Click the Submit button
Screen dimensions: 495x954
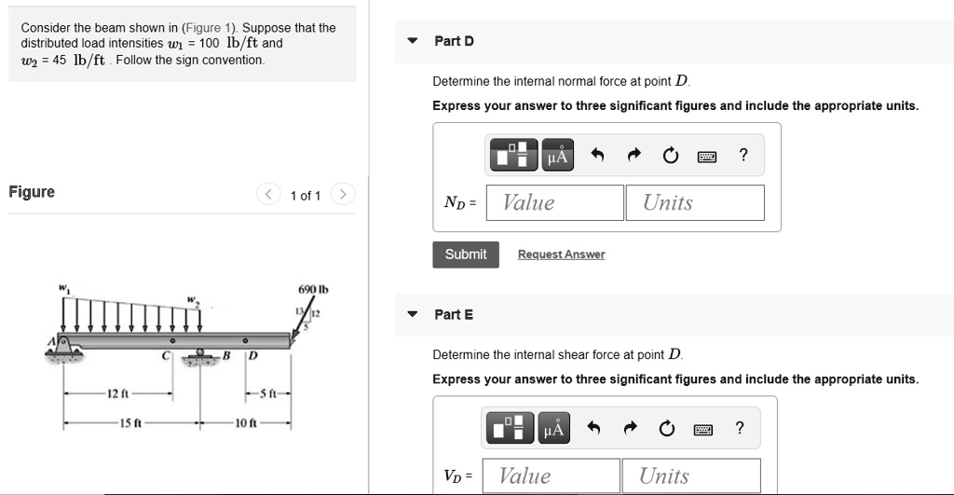pos(466,254)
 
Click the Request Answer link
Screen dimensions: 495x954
pos(561,254)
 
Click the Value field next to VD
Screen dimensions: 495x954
pos(554,475)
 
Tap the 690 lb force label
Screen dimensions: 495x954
pos(307,290)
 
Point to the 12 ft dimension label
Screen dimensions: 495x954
pos(117,394)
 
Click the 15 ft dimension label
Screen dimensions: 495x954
pos(129,424)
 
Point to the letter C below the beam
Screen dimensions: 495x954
pos(165,356)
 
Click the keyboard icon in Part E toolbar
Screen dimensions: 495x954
pos(703,429)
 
